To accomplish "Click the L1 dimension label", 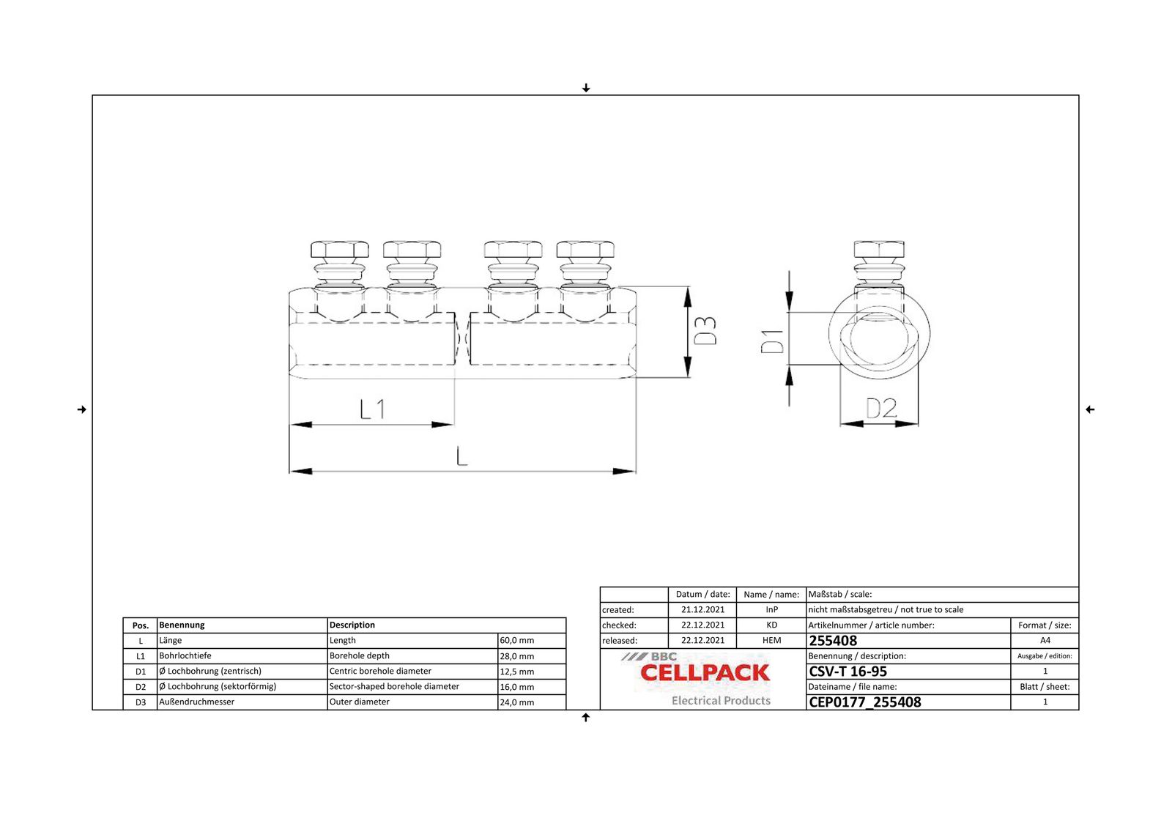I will (373, 409).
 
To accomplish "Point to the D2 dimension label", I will (880, 408).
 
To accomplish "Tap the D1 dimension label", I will (772, 341).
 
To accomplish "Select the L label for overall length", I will (461, 456).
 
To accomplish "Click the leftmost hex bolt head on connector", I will (339, 249).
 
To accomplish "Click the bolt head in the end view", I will (879, 249).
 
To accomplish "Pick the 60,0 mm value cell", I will (517, 641).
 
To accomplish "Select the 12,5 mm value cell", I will (517, 672).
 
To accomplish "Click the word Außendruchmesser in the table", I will (197, 702).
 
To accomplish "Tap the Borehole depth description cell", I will (360, 656).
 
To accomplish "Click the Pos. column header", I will (140, 625).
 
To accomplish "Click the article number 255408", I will (833, 641).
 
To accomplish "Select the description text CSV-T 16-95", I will (848, 672).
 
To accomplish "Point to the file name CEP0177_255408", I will (865, 702).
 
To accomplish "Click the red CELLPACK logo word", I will (705, 673).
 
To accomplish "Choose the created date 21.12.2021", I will (702, 610).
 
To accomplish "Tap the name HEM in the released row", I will (771, 641).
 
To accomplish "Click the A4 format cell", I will (1045, 641).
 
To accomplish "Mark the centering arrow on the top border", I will (586, 88).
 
